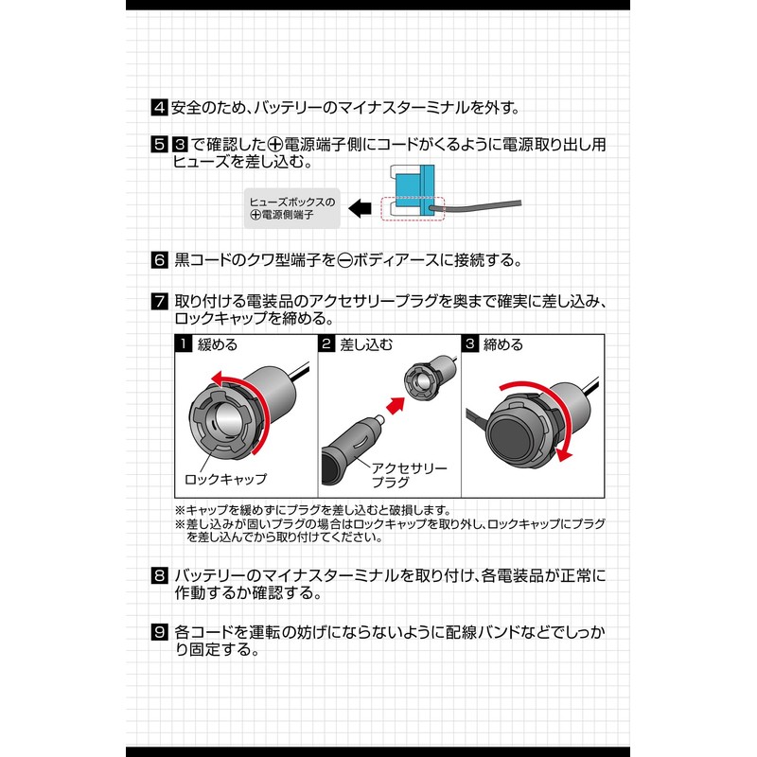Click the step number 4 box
(x=160, y=107)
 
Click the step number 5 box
(x=160, y=145)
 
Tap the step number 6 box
(x=160, y=259)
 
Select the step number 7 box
(x=160, y=303)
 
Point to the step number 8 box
(x=160, y=575)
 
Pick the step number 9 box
(x=160, y=630)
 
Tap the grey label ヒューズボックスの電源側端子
(x=290, y=208)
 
